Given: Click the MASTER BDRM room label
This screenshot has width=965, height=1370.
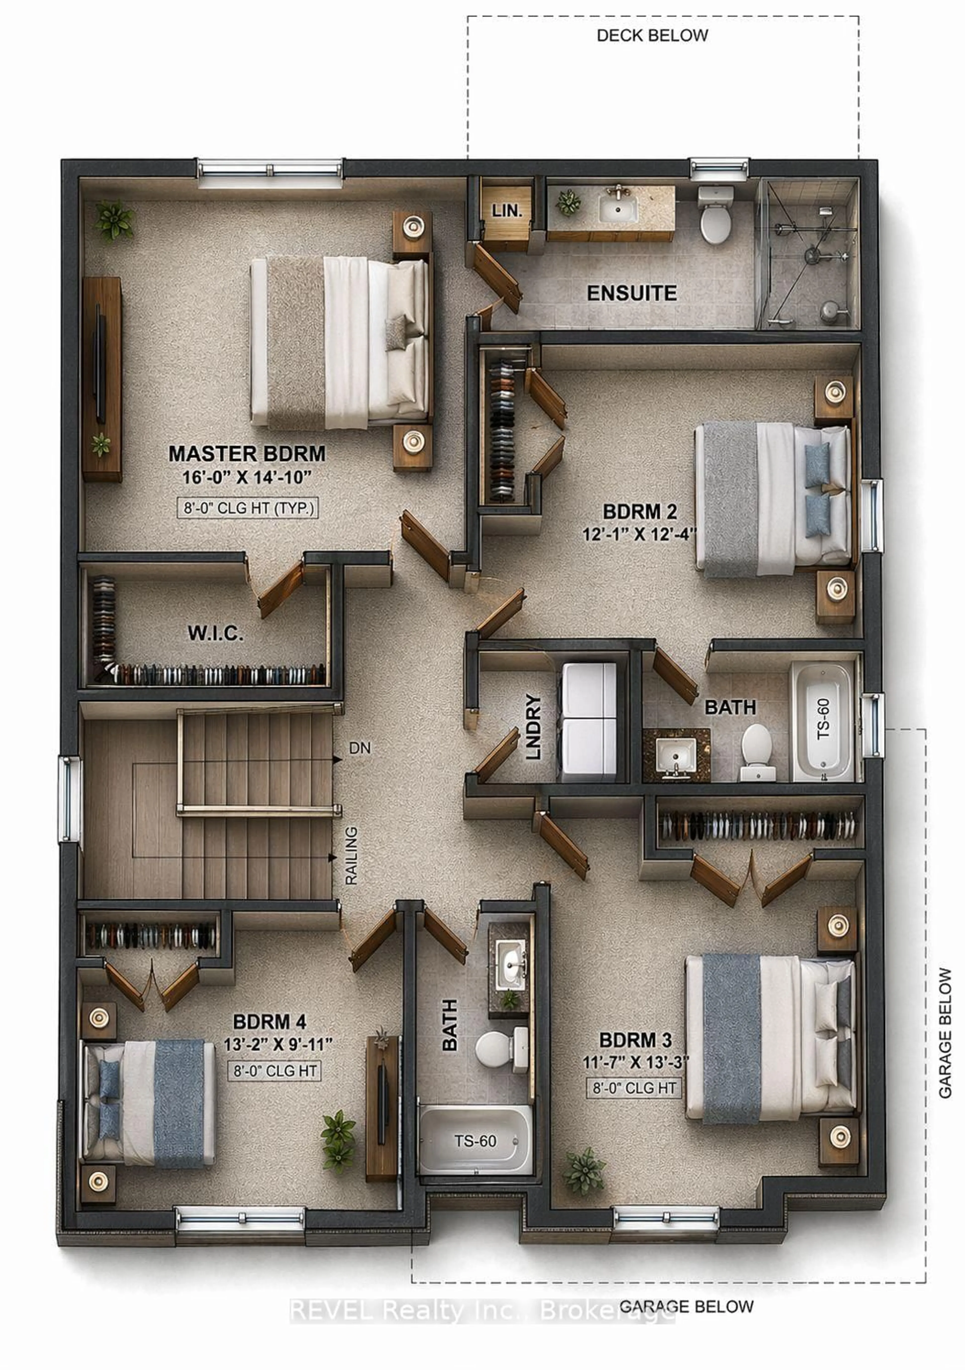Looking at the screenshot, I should pyautogui.click(x=247, y=453).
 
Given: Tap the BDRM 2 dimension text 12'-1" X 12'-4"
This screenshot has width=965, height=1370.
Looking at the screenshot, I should pyautogui.click(x=639, y=533).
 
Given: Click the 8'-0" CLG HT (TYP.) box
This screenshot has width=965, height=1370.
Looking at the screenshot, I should pyautogui.click(x=248, y=508).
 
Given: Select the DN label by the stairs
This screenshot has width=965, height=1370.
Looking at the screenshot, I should pyautogui.click(x=360, y=748).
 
